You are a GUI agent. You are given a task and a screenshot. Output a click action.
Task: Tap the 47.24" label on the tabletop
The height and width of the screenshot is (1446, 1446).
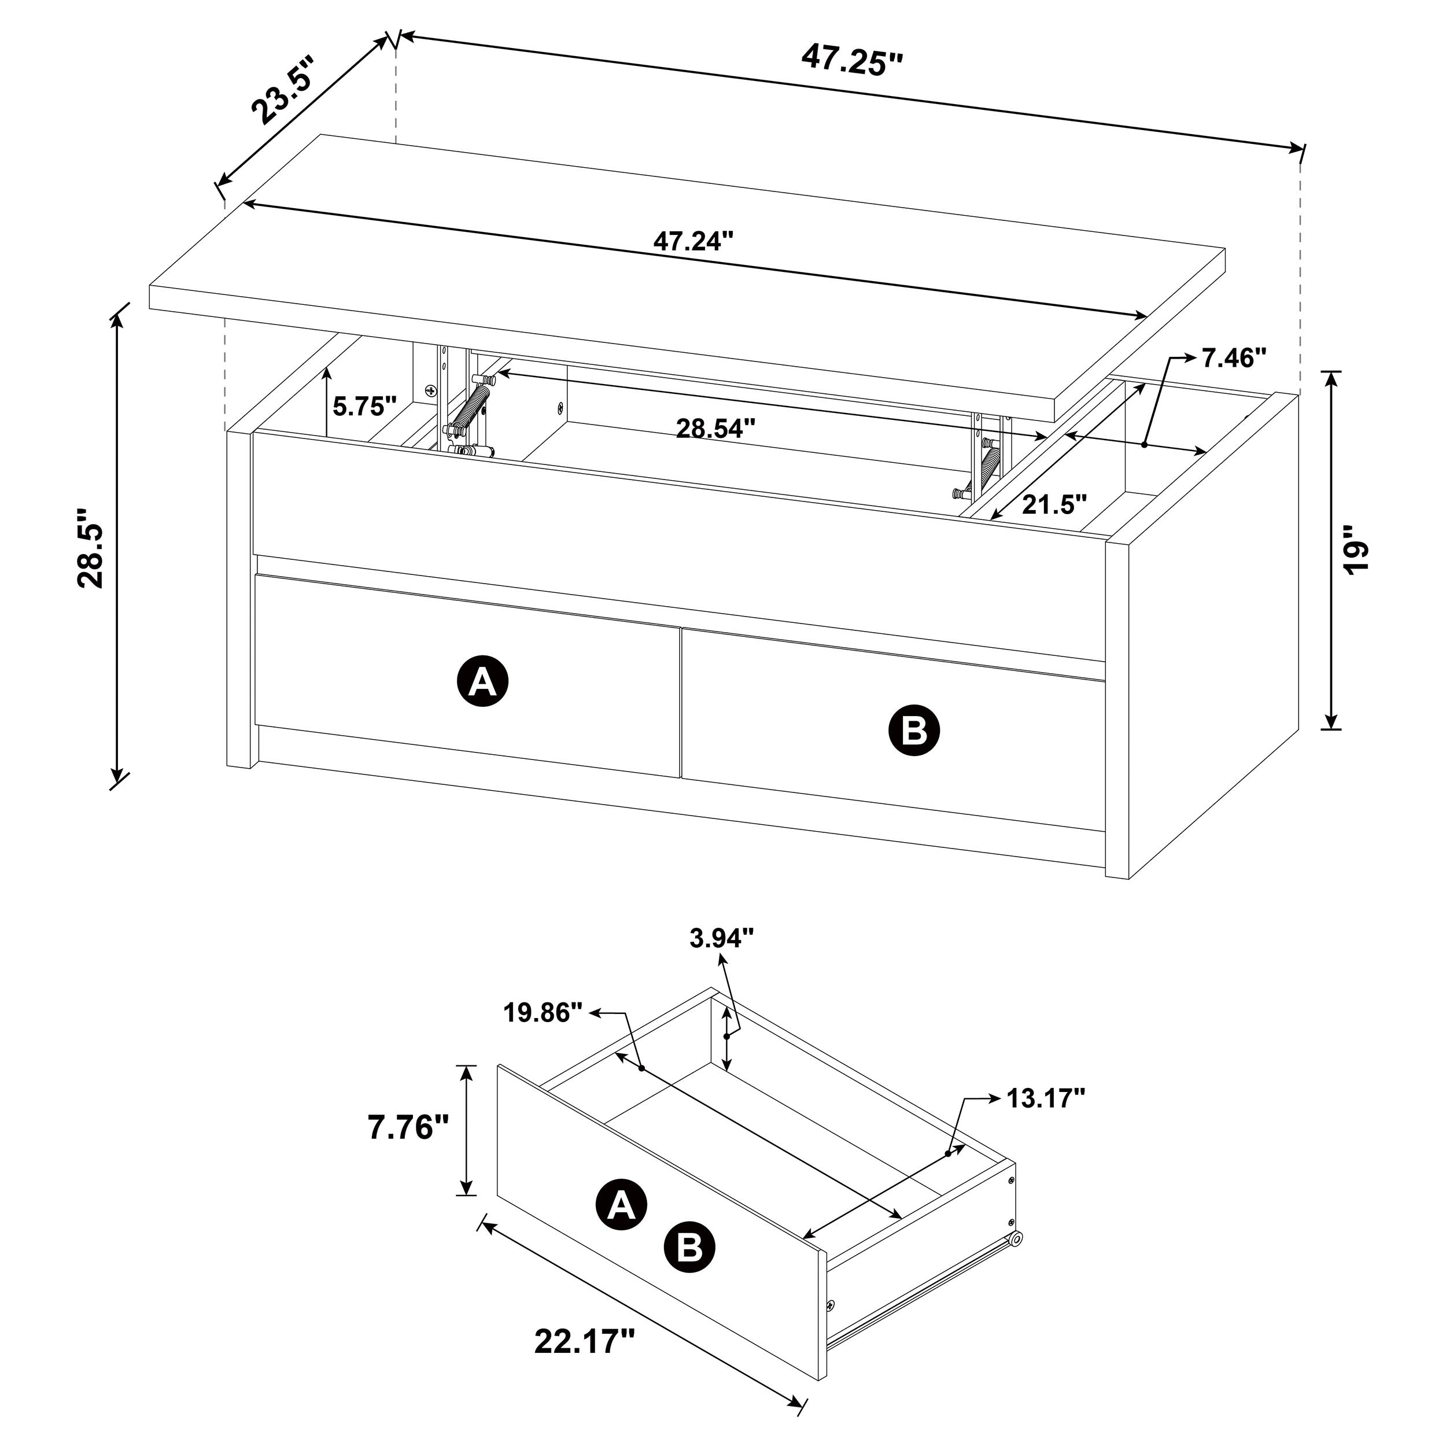click(x=692, y=241)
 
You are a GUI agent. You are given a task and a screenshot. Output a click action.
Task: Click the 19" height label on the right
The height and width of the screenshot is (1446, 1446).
click(x=1355, y=550)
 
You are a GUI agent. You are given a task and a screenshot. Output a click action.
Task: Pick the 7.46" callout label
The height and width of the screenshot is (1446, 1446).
click(x=1234, y=359)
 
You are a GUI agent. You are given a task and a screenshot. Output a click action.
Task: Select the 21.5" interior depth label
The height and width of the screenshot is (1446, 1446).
click(x=1054, y=504)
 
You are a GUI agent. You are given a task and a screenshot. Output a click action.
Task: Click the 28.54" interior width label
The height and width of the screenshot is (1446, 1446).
click(x=715, y=429)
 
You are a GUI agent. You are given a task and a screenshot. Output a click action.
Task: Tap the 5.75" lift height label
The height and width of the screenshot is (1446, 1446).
click(x=364, y=407)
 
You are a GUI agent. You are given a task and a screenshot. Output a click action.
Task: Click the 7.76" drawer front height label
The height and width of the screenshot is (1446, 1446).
click(x=408, y=1127)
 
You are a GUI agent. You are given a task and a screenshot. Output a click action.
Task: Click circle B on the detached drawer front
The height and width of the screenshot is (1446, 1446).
click(x=689, y=1247)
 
